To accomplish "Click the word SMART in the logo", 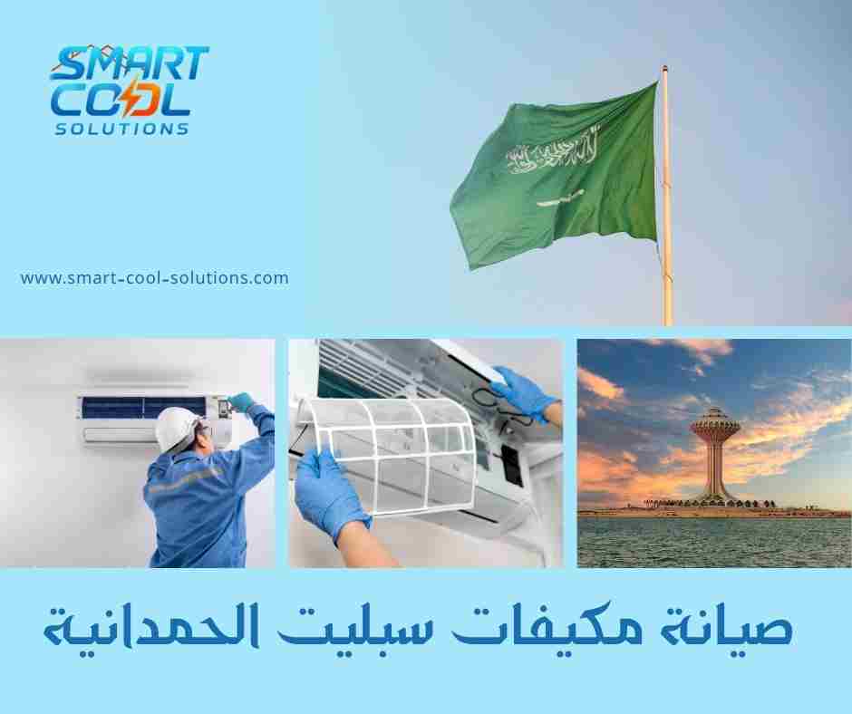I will click(130, 64).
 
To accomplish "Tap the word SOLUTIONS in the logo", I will click(122, 129).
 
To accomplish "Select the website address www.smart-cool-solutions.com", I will click(154, 278).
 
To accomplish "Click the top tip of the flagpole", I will click(664, 68).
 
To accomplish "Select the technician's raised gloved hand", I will click(242, 401).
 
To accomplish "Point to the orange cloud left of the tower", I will click(602, 386).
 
